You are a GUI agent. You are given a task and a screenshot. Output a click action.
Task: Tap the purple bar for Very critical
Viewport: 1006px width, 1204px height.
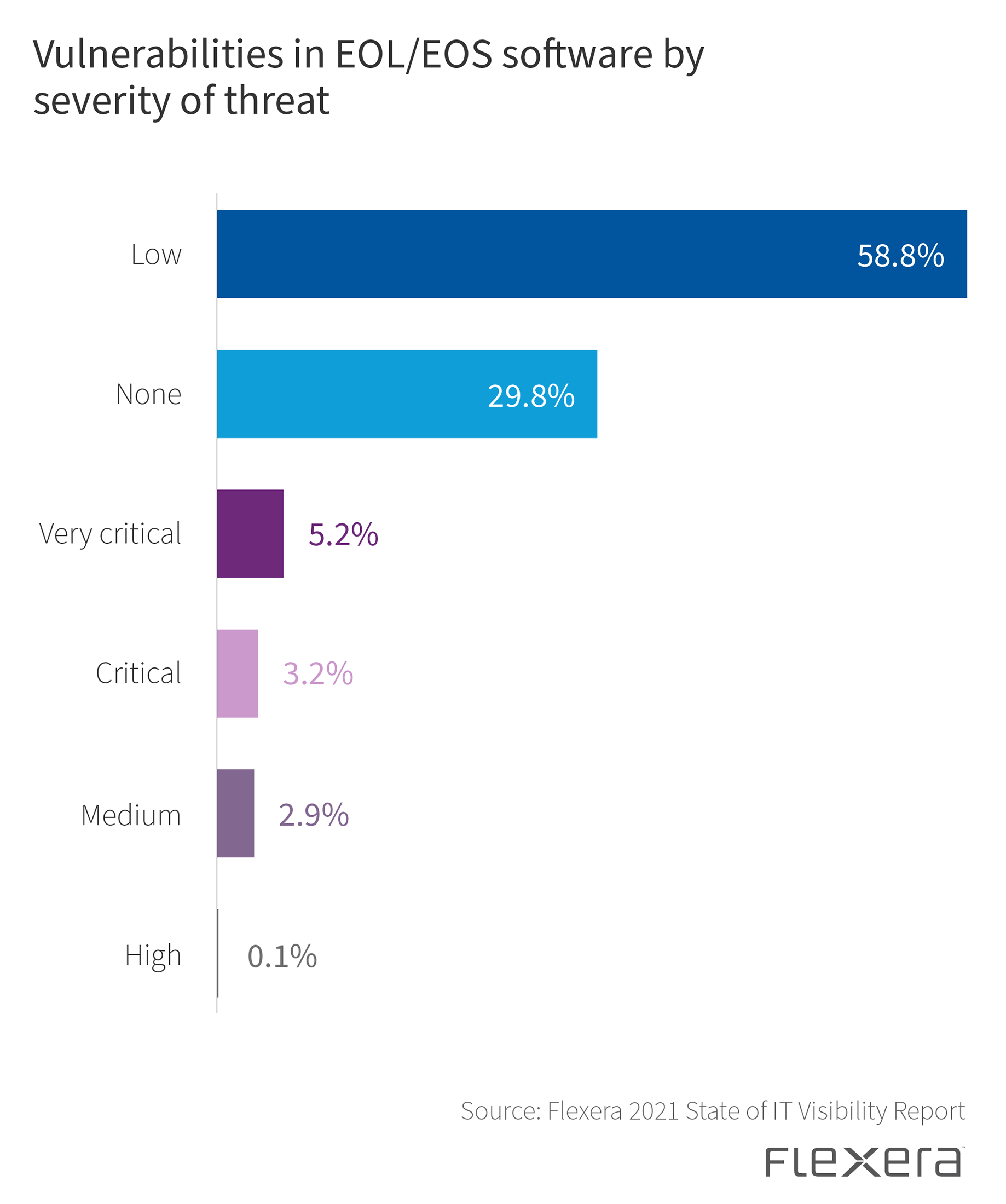250,534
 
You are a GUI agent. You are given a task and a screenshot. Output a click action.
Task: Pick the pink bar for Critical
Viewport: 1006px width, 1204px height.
238,673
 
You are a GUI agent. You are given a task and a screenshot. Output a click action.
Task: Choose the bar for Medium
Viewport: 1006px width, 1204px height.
235,814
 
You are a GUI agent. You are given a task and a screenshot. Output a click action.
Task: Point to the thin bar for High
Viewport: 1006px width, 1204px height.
218,953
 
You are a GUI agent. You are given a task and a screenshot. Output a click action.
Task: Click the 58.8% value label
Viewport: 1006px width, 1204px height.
900,256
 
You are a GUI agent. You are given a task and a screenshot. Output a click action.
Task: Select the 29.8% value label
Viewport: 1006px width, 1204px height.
531,396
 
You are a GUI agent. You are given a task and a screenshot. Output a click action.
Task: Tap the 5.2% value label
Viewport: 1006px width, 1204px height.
343,535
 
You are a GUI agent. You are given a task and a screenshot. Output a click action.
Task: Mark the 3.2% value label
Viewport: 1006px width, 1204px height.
318,674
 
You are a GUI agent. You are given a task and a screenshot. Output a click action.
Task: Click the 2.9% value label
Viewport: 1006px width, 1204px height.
314,815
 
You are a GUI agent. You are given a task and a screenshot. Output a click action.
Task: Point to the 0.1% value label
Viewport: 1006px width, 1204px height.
282,957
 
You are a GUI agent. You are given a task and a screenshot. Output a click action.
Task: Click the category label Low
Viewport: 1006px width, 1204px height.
156,255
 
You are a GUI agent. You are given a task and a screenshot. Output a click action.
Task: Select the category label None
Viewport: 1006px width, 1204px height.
148,394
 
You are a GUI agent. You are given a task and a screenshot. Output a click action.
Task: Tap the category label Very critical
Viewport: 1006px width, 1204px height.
110,534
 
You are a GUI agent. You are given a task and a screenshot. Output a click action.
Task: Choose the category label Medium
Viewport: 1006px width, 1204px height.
131,815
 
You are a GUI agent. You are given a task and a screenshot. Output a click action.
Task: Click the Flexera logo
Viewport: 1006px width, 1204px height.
864,1162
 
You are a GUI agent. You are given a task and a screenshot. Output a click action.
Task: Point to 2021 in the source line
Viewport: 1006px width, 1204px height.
654,1111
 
